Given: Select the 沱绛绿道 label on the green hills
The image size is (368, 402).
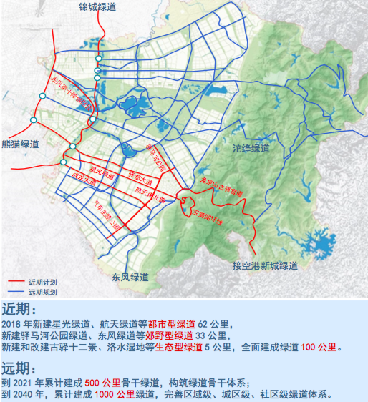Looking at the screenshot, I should (252, 149).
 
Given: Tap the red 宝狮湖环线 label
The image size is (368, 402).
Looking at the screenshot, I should (208, 216).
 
